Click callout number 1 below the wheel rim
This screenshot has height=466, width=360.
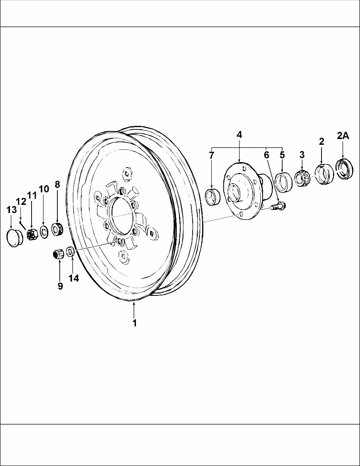point(135,323)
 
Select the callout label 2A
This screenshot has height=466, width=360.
point(343,136)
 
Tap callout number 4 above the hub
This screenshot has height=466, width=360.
point(239,135)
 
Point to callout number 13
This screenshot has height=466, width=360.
point(12,210)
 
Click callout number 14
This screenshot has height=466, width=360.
point(74,278)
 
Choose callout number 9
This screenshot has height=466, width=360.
point(60,286)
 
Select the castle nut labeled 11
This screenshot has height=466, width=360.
point(32,234)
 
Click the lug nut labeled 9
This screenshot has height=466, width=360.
point(58,254)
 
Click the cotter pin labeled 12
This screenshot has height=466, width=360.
point(23,224)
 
